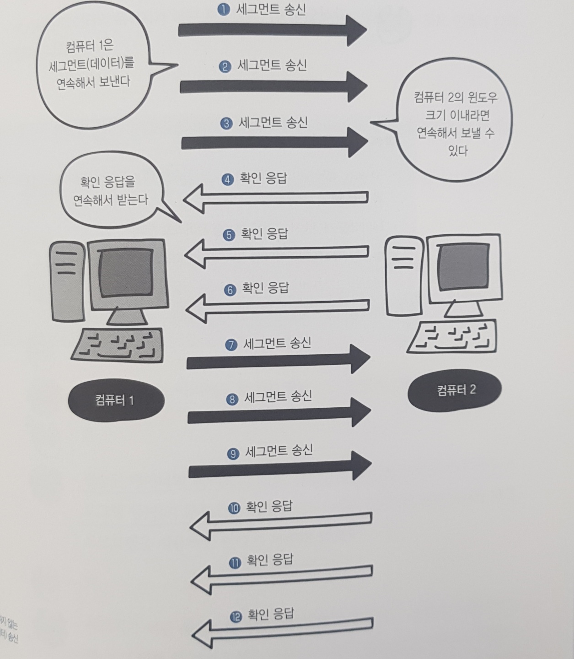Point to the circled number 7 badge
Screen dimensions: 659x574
(x=231, y=345)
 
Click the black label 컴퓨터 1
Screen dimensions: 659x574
(x=116, y=400)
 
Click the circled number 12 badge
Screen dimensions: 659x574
(x=236, y=616)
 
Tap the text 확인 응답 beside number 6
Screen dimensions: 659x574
(x=265, y=288)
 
